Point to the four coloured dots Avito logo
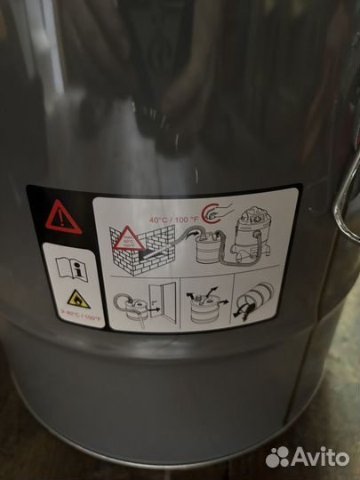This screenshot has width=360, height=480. point(279,456)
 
